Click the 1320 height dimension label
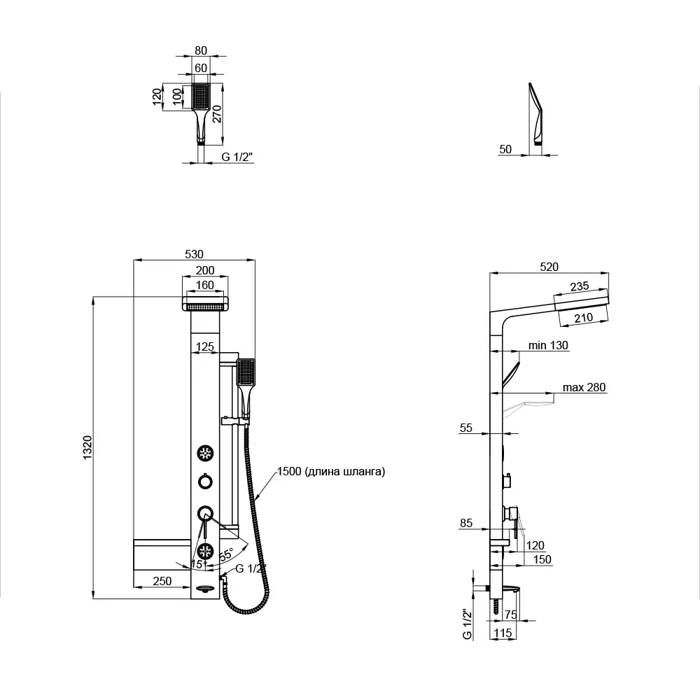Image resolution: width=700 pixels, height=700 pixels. (x=87, y=447)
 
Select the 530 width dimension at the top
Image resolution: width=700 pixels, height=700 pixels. (x=194, y=254)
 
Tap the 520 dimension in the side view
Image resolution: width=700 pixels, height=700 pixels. (x=549, y=267)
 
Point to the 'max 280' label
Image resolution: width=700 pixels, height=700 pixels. (x=584, y=387)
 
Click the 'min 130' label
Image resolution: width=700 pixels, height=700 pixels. (x=548, y=345)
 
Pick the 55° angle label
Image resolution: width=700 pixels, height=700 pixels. (x=226, y=555)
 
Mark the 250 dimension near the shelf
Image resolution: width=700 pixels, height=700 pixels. (x=162, y=581)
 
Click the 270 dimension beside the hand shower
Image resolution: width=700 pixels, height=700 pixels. (x=216, y=114)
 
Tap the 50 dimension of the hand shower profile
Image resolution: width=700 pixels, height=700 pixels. (x=505, y=149)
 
